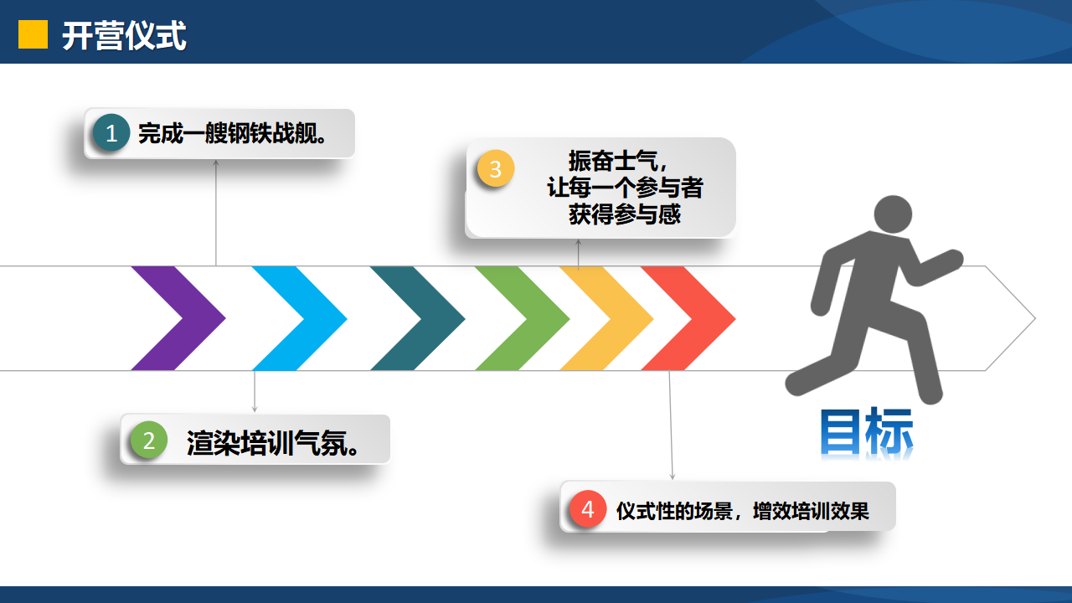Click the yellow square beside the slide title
point(33,34)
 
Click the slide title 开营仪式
point(124,36)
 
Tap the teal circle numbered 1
point(111,132)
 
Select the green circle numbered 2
point(149,440)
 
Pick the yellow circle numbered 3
point(496,168)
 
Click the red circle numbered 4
point(588,508)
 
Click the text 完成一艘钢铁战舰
point(232,133)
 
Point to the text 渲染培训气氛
point(272,443)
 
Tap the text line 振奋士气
point(618,161)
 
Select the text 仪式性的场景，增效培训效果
point(742,511)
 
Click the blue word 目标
point(867,431)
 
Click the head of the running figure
point(893,214)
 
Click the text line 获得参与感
point(625,214)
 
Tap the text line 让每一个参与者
point(625,187)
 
